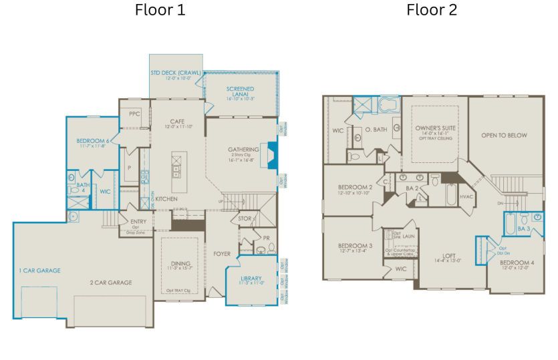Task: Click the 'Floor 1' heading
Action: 160,10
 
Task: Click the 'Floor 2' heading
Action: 432,10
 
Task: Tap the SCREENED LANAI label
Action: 240,89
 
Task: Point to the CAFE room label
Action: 177,121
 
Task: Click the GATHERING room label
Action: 243,149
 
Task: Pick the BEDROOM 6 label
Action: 94,140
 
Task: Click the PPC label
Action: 135,114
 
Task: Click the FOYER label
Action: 221,253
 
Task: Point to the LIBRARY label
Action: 251,278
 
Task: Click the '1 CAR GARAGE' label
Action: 39,271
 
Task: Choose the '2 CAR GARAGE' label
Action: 111,283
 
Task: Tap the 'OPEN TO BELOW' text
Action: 504,136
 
